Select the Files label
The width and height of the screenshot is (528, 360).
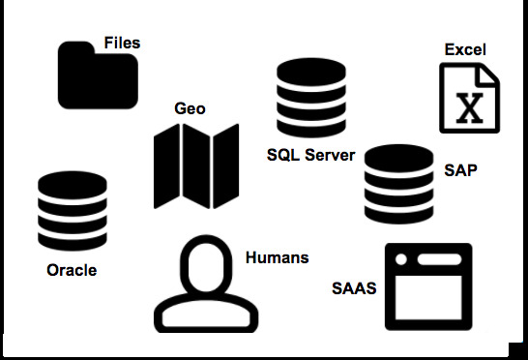tap(122, 43)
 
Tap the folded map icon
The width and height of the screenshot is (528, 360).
tap(196, 165)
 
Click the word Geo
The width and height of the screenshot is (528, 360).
tap(190, 108)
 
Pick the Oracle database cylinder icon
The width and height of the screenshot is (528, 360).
tap(72, 212)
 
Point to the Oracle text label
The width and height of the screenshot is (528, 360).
tap(72, 270)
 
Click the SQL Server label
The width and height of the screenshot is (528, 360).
tap(311, 155)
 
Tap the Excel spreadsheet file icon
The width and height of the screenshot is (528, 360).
tap(469, 97)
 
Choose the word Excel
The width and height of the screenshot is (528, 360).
tap(465, 49)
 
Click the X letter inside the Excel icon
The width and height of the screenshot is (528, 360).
tap(469, 106)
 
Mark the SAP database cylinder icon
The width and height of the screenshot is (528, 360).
tap(398, 184)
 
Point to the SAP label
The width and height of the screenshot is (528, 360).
tap(460, 170)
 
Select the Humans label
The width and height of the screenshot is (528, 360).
tap(277, 257)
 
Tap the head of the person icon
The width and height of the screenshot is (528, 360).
tap(206, 262)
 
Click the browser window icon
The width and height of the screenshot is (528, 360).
tap(428, 285)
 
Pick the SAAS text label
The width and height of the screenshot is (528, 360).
tap(353, 288)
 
